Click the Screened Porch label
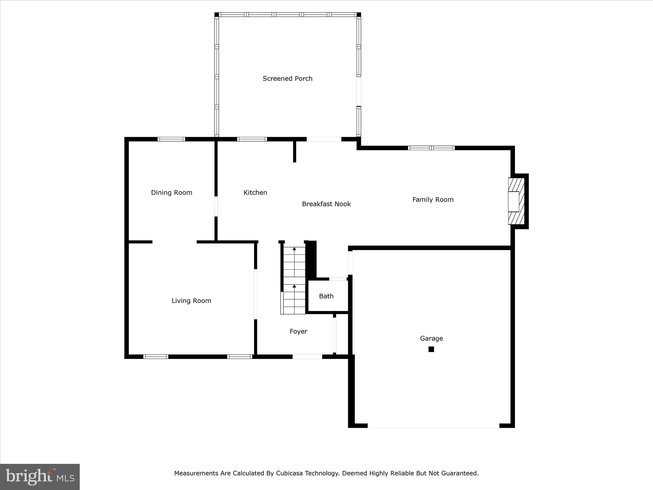(x=287, y=78)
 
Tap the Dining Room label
(x=172, y=192)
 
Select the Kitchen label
(x=255, y=192)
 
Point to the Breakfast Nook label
(x=326, y=204)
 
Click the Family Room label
(x=433, y=199)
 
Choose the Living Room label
(x=191, y=301)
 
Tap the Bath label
(x=326, y=296)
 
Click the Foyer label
(x=298, y=331)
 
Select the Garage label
(x=431, y=338)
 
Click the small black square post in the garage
(x=431, y=349)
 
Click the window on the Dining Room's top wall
(x=172, y=139)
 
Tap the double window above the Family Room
(x=431, y=148)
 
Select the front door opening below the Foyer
(x=307, y=357)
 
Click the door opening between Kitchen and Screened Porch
(x=324, y=139)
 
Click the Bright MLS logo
(x=40, y=477)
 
